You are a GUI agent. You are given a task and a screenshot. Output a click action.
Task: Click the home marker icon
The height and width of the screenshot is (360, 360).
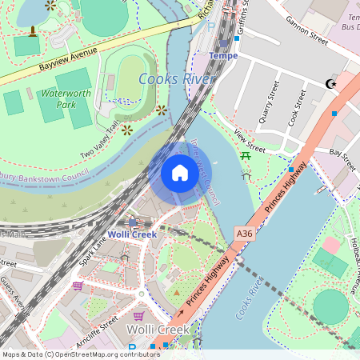click(180, 173)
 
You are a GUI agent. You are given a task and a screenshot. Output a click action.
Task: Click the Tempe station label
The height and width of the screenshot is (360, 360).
click(223, 55)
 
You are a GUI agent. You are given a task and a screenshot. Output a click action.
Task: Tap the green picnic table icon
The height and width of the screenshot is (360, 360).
click(246, 155)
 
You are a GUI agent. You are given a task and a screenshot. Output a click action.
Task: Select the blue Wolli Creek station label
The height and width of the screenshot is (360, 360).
click(132, 234)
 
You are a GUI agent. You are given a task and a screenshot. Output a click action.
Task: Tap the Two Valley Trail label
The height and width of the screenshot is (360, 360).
click(98, 141)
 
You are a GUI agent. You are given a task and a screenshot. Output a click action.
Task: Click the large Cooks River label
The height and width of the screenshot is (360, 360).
click(176, 79)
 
